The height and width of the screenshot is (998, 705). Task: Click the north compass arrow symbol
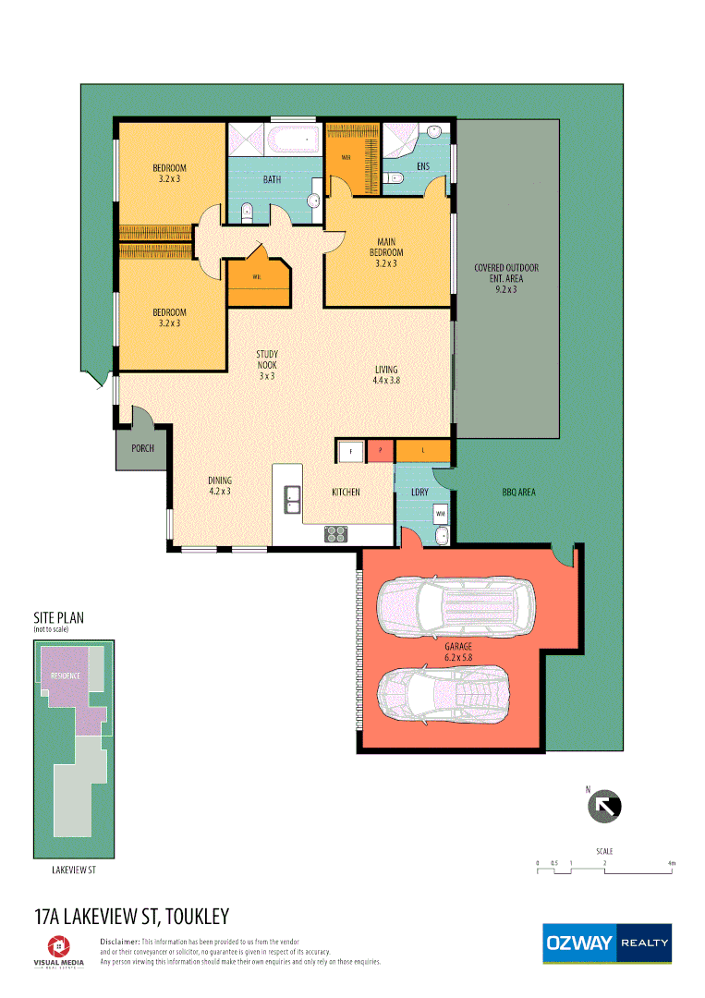coord(605,806)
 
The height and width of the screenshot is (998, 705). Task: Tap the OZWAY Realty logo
coord(606,943)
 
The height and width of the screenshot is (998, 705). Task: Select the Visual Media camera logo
coord(58,945)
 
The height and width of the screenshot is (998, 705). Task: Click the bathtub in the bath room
coord(294,141)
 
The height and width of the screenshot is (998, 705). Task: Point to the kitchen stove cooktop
coord(335,533)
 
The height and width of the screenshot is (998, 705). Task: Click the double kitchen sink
coord(292,499)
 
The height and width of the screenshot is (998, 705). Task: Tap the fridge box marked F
coord(349,451)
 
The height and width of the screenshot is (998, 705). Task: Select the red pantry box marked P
coord(381,451)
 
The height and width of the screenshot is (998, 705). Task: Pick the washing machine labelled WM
coord(441,512)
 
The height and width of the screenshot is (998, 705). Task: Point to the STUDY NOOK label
coord(267,365)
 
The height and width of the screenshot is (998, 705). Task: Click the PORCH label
coord(143,450)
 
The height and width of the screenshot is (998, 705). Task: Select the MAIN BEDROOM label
coord(386,252)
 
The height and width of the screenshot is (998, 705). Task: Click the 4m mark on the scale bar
coord(672,863)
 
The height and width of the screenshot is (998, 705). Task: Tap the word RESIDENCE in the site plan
coord(59,675)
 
